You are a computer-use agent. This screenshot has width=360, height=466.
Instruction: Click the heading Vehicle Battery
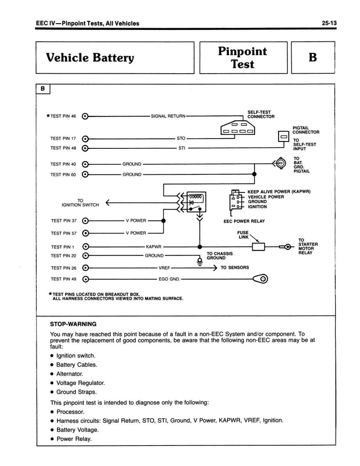pos(90,58)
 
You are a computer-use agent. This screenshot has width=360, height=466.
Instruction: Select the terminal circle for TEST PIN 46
pos(85,116)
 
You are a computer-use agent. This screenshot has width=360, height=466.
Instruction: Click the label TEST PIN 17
pos(63,138)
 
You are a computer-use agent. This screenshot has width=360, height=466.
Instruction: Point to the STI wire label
pos(181,148)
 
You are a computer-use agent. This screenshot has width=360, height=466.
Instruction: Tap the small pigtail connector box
pos(283,137)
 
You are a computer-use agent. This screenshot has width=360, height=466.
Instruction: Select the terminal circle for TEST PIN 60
pos(85,174)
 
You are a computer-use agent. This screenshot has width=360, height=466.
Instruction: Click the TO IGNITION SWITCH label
pos(81,203)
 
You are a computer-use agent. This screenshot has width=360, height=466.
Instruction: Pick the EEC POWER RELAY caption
pos(244,221)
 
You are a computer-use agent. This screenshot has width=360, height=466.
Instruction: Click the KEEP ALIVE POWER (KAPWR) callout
pos(279,191)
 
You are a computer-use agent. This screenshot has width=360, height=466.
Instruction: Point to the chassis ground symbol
pos(199,261)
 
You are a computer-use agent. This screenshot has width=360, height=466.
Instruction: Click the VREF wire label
pos(164,268)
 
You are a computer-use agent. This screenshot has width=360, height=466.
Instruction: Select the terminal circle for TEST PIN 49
pos(85,279)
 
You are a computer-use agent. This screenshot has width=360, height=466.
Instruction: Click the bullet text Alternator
pos(70,374)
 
